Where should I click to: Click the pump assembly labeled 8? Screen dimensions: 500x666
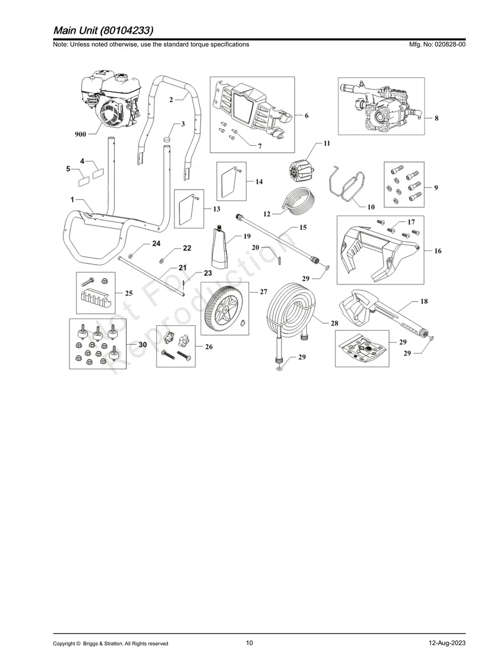tap(381, 108)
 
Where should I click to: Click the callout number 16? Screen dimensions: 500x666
tap(438, 251)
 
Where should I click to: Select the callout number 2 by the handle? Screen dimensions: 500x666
tap(172, 99)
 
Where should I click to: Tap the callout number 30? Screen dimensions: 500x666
tap(142, 344)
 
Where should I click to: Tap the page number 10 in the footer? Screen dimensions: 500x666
tap(249, 643)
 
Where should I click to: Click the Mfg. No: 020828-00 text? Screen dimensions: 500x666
tap(437, 45)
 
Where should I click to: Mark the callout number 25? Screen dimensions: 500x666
tap(128, 293)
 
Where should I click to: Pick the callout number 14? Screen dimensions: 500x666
tap(259, 181)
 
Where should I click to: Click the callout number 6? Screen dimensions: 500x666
tap(306, 116)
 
